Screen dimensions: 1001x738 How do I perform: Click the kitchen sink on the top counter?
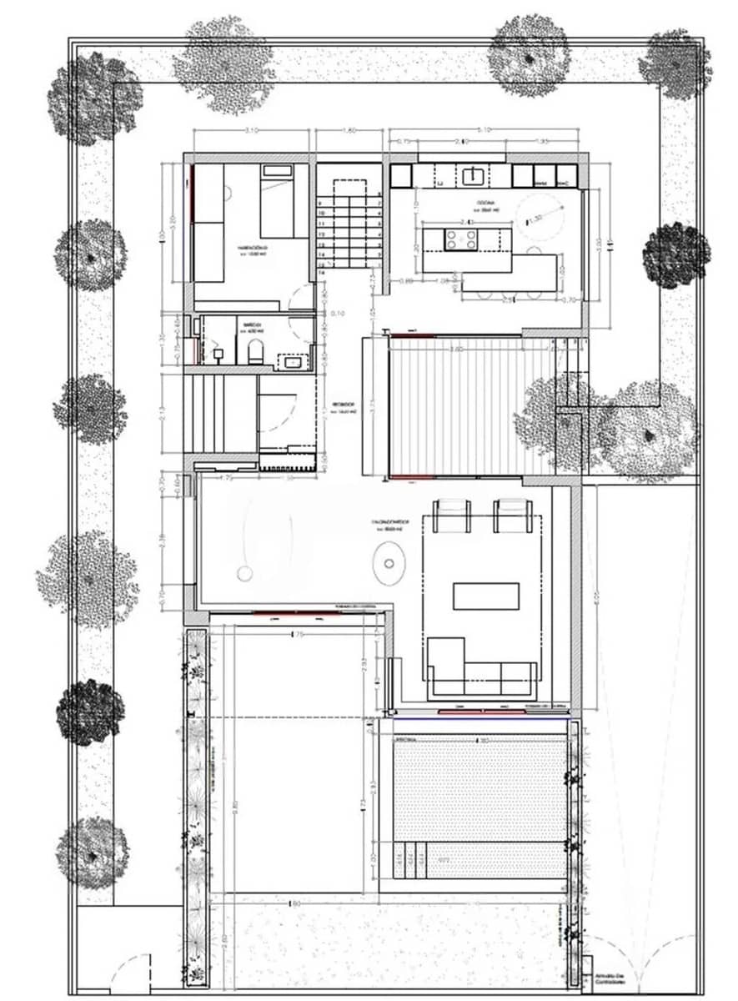point(474,175)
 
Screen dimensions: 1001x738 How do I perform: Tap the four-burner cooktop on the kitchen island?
point(461,239)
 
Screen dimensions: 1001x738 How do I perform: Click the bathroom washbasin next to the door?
point(292,361)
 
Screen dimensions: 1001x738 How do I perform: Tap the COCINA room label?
point(486,203)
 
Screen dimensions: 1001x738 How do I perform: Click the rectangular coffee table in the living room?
point(485,596)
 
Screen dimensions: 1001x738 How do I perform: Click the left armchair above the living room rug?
point(452,514)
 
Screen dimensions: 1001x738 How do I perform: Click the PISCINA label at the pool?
point(406,739)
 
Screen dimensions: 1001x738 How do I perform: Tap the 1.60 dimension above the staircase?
point(349,129)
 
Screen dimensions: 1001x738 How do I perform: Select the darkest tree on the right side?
point(676,256)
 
